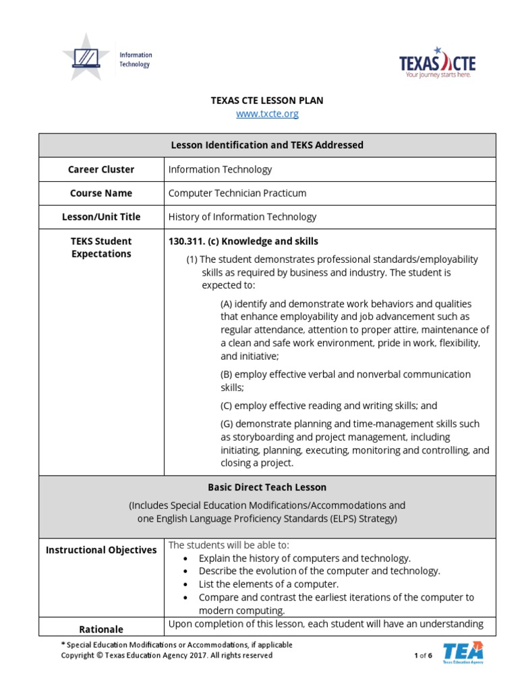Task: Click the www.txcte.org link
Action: click(x=267, y=114)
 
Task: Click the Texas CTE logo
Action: click(x=437, y=63)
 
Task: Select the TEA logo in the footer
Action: click(x=463, y=653)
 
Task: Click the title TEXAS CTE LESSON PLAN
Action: click(x=267, y=100)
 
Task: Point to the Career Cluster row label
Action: click(x=101, y=169)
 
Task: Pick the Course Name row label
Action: click(x=101, y=193)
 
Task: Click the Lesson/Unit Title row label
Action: click(x=101, y=216)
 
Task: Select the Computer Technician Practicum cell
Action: click(x=237, y=193)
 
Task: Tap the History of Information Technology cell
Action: click(x=242, y=216)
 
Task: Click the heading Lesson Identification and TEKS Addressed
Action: click(x=267, y=145)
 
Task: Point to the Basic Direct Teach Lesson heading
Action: click(x=267, y=487)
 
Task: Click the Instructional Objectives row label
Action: click(x=101, y=550)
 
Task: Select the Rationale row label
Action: click(x=101, y=629)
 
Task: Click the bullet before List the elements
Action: click(x=185, y=584)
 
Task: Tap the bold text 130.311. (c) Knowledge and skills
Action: click(x=243, y=241)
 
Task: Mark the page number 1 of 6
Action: click(x=423, y=655)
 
